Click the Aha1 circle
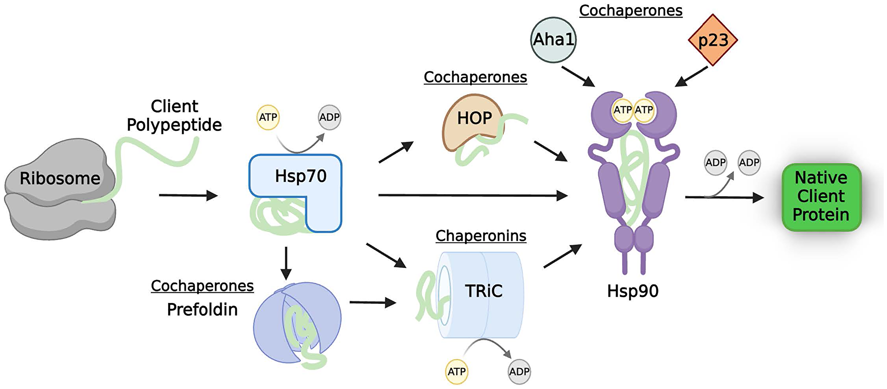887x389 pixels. (x=553, y=40)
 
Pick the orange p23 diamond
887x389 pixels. (x=713, y=40)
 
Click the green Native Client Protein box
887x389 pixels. (x=821, y=196)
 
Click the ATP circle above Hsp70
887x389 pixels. (x=268, y=118)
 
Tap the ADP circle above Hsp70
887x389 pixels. (x=330, y=118)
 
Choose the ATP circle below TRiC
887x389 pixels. (x=456, y=372)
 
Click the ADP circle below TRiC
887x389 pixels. (x=519, y=372)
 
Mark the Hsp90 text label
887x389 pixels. (x=632, y=291)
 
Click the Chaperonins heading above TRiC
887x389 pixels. (x=481, y=236)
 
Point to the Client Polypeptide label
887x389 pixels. (x=174, y=116)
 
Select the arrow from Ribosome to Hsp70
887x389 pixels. (x=188, y=195)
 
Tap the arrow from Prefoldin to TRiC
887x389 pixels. (x=373, y=303)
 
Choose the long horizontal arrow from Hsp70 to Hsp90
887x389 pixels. (x=472, y=195)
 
